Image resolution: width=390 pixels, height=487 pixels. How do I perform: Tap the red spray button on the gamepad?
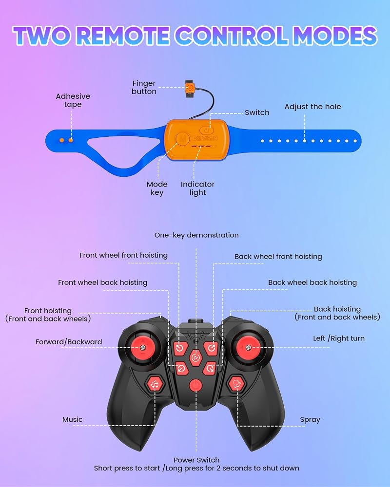pyautogui.click(x=236, y=384)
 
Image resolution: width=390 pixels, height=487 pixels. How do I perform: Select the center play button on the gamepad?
pyautogui.click(x=195, y=358)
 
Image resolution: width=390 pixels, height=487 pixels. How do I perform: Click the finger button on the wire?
pyautogui.click(x=190, y=88)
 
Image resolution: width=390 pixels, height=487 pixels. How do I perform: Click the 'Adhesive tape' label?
pyautogui.click(x=73, y=100)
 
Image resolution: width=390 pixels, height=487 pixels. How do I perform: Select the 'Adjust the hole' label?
pyautogui.click(x=312, y=107)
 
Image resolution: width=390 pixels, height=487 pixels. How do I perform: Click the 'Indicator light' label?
pyautogui.click(x=197, y=188)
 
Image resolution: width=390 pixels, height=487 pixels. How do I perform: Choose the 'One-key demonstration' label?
pyautogui.click(x=196, y=235)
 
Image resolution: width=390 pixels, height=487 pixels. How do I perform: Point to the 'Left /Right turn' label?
pyautogui.click(x=339, y=338)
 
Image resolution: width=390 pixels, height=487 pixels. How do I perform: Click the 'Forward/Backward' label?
pyautogui.click(x=69, y=342)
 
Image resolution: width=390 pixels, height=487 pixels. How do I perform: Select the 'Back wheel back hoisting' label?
pyautogui.click(x=312, y=282)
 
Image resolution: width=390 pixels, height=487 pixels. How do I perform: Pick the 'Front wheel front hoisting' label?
pyautogui.click(x=123, y=255)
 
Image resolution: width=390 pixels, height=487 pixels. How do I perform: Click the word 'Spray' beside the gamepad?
pyautogui.click(x=310, y=420)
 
